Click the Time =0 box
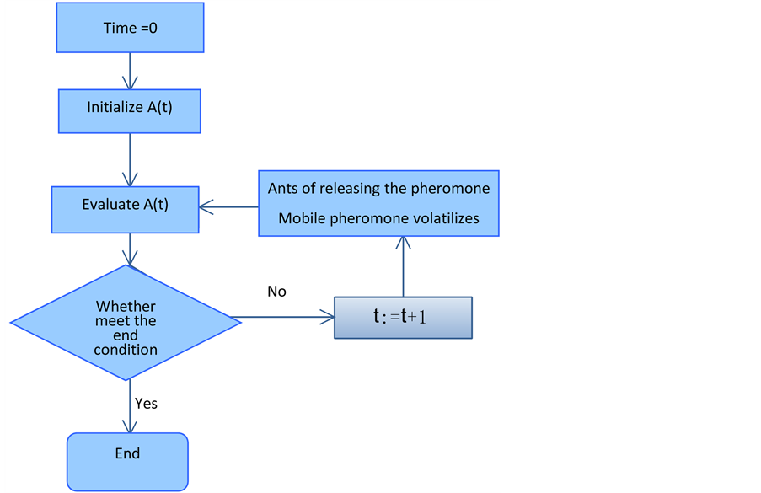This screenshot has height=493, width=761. pyautogui.click(x=131, y=29)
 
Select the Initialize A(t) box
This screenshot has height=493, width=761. pyautogui.click(x=130, y=109)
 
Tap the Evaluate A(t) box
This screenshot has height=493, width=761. pyautogui.click(x=125, y=206)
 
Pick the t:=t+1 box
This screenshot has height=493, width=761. pyautogui.click(x=403, y=318)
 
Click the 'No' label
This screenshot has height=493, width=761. pyautogui.click(x=276, y=292)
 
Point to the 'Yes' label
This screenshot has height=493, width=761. pyautogui.click(x=147, y=404)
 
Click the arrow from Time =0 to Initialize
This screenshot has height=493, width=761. pyautogui.click(x=130, y=71)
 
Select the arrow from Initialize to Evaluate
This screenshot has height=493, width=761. pyautogui.click(x=130, y=159)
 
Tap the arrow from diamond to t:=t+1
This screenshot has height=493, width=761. pyautogui.click(x=282, y=318)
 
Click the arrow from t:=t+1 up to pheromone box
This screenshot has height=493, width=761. pyautogui.click(x=404, y=265)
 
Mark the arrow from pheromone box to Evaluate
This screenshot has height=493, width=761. pyautogui.click(x=228, y=206)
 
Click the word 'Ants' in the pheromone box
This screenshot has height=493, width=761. pyautogui.click(x=282, y=188)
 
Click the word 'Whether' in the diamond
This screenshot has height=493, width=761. pyautogui.click(x=126, y=307)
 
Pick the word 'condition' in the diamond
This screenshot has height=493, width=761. pyautogui.click(x=126, y=349)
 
